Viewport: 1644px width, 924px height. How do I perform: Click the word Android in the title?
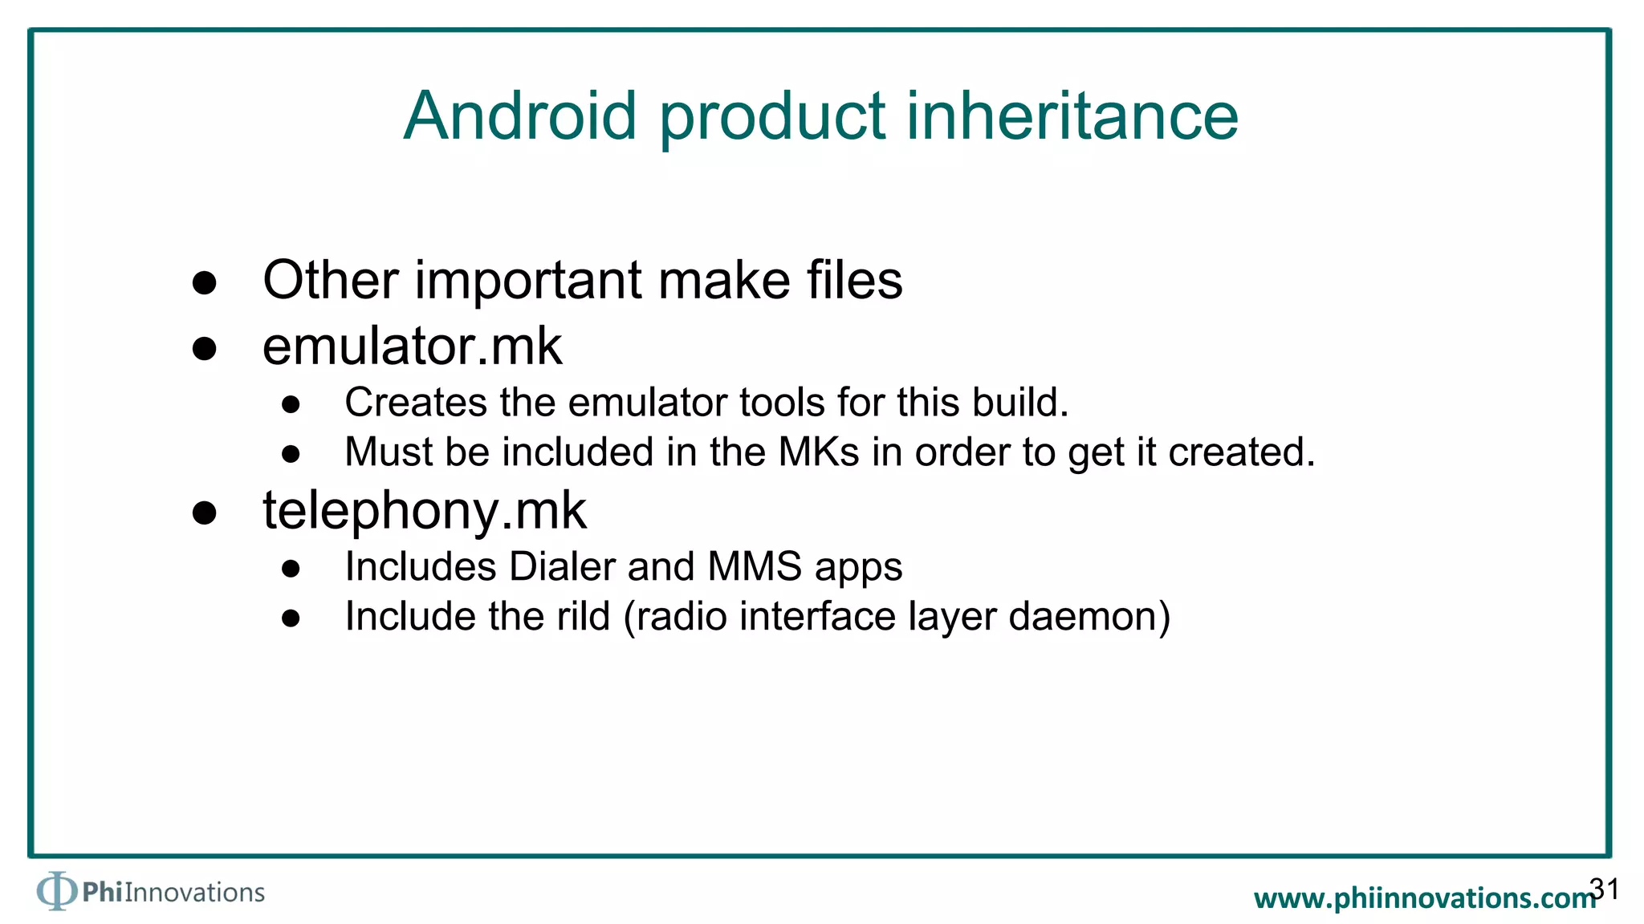520,116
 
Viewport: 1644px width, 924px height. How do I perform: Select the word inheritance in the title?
1072,116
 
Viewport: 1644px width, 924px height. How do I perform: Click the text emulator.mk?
412,346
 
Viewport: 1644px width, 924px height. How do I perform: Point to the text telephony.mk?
424,511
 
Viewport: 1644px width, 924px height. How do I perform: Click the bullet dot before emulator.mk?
205,349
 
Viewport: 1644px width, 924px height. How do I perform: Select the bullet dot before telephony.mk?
205,513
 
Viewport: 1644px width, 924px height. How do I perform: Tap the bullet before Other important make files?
205,283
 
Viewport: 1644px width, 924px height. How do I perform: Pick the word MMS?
755,567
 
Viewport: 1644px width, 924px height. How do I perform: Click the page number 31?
1604,889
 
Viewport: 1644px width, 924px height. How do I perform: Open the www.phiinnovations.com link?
1424,898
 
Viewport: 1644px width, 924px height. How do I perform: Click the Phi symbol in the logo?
56,891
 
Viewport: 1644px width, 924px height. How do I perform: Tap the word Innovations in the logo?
194,893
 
